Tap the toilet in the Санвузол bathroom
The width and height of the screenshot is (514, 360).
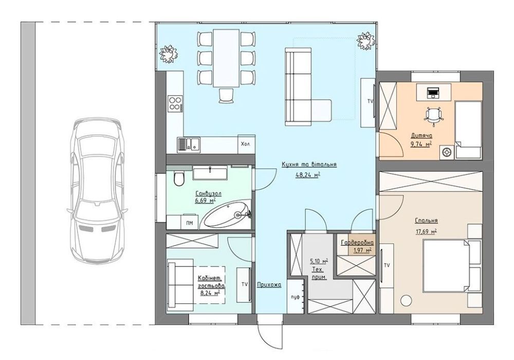pos(179,179)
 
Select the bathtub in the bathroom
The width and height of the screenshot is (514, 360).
pos(226,215)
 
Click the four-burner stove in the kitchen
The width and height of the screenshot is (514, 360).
pos(175,103)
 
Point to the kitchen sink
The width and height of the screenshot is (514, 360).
pos(189,144)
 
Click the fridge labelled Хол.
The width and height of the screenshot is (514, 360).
pos(246,144)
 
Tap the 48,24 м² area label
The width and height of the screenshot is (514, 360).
pos(308,175)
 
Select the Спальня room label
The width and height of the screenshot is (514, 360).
pos(426,221)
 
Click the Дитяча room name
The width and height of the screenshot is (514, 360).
pos(421,136)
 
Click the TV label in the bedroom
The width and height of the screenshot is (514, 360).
pos(387,266)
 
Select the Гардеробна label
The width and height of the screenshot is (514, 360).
pos(357,243)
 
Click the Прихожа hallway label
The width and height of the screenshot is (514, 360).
pos(269,285)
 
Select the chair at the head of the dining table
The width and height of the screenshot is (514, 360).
pos(226,96)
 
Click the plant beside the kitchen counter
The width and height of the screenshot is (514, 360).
pos(169,54)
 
